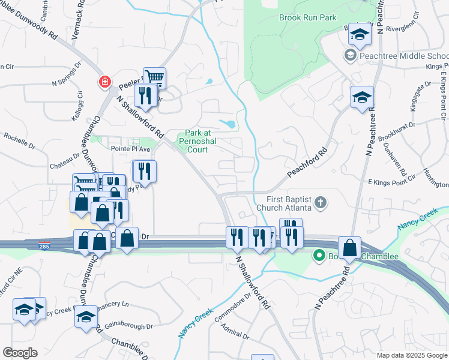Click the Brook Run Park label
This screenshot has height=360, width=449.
click(x=307, y=17)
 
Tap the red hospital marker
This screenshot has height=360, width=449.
click(x=106, y=82)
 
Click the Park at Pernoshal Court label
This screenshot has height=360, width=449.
click(x=200, y=137)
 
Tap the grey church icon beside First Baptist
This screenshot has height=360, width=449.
click(x=321, y=202)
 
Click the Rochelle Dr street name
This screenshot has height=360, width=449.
click(x=19, y=139)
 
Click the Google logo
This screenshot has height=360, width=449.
click(x=19, y=353)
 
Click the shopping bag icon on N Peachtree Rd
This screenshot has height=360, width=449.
click(x=349, y=247)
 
